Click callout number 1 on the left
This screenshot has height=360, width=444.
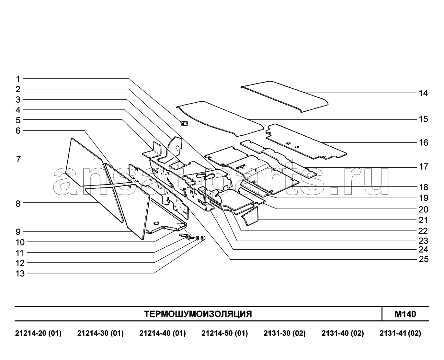point(18,79)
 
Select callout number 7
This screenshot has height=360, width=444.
point(18,159)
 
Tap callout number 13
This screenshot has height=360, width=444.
point(20,274)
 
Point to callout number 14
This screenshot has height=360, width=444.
point(423,93)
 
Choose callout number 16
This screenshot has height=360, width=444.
point(423,142)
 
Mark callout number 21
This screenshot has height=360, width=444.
point(423,220)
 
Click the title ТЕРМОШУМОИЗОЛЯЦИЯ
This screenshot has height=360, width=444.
point(198,314)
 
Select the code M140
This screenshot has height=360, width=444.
point(405,314)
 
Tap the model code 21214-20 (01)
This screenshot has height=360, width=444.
point(38,333)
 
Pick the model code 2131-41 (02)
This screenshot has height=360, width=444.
point(400,333)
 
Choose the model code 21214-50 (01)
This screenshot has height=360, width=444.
point(224,333)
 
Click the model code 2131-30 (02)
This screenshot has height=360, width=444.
point(285,333)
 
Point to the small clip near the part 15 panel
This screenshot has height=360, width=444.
point(184,123)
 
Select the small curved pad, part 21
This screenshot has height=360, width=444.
point(250,217)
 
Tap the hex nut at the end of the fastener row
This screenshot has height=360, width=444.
point(203,238)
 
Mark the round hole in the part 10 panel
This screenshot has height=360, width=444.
point(156,223)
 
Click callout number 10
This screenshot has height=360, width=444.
point(20,242)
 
